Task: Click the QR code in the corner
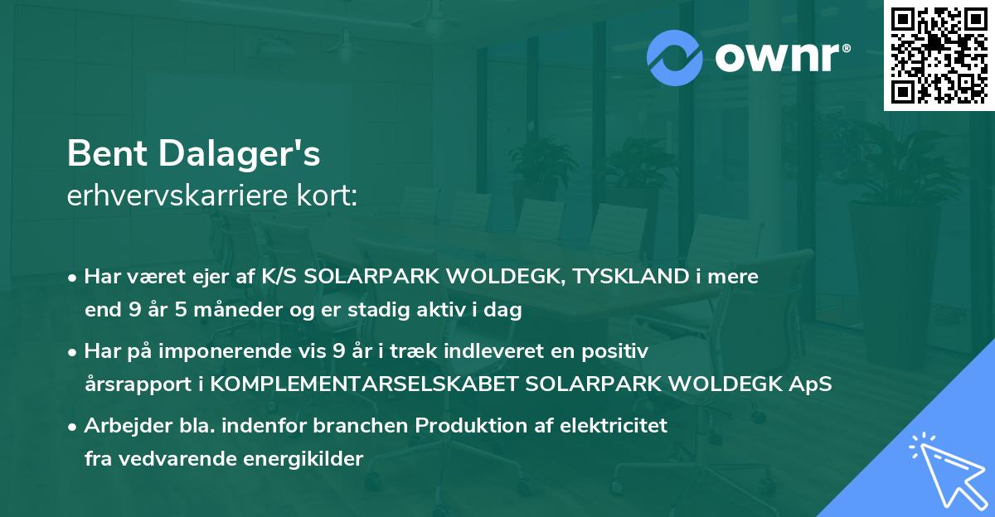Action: tap(939, 56)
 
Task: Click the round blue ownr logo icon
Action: tap(675, 57)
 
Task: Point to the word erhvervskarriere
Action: tap(171, 196)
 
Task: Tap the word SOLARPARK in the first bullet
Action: tap(366, 277)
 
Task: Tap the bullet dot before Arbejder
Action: tap(75, 426)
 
